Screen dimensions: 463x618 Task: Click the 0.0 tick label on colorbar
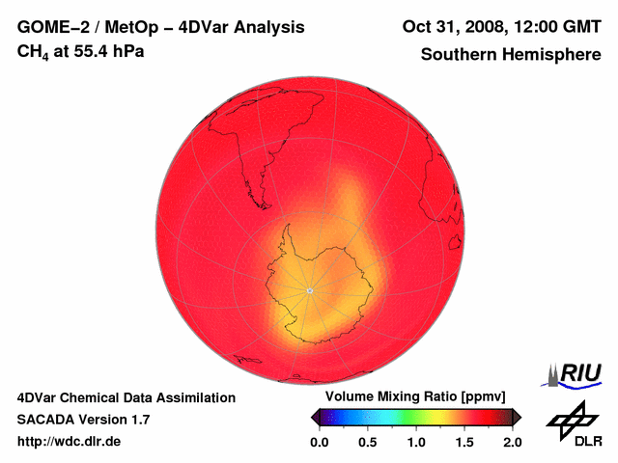(319, 442)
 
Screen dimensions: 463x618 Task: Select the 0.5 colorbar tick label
(368, 442)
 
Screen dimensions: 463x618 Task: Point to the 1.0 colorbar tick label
(416, 442)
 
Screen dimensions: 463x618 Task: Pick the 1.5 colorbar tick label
(465, 442)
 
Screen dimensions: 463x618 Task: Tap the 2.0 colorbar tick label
(513, 442)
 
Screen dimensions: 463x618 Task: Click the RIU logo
(577, 373)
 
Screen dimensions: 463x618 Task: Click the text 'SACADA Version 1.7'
(83, 420)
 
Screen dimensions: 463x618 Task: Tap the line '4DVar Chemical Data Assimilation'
(126, 397)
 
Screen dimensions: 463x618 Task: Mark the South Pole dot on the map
(309, 290)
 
